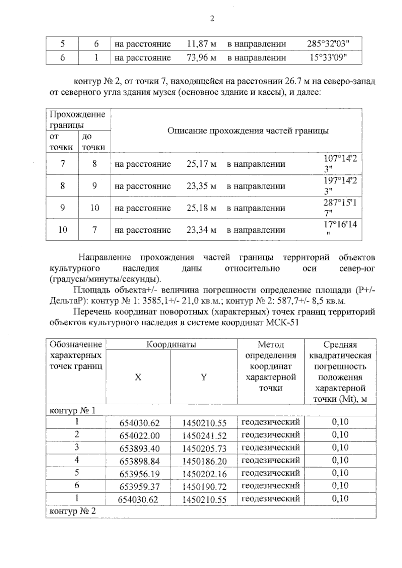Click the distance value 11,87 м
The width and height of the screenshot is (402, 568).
(201, 44)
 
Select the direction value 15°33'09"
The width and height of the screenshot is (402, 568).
(328, 58)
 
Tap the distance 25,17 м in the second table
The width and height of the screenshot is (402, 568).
(201, 164)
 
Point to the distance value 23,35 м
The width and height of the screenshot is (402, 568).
(201, 186)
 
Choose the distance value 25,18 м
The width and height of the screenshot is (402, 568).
(201, 208)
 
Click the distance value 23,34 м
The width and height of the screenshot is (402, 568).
(201, 230)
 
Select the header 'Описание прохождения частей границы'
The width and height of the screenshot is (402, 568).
(248, 131)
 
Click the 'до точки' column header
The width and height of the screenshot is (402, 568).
(93, 142)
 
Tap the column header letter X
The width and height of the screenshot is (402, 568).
(138, 377)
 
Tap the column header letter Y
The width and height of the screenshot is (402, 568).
(204, 377)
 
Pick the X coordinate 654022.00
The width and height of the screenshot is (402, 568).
(140, 436)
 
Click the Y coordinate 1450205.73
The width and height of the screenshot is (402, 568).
(204, 449)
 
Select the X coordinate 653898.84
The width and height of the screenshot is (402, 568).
(140, 461)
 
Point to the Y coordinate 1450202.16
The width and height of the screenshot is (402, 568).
(204, 474)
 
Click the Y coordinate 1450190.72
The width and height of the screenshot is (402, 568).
(204, 487)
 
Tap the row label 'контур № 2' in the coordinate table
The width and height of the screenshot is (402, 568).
(73, 511)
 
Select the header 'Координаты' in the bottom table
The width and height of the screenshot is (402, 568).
(171, 344)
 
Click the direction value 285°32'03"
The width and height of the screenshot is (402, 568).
(328, 44)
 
